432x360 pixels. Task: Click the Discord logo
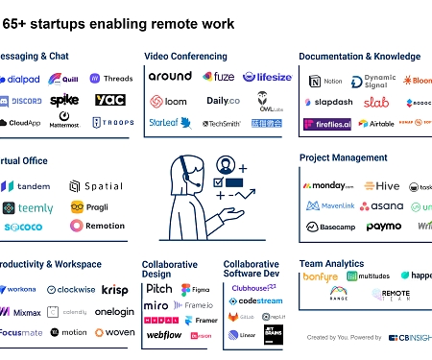pyautogui.click(x=21, y=100)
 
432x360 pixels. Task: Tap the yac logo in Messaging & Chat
pyautogui.click(x=109, y=100)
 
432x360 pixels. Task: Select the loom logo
pyautogui.click(x=169, y=100)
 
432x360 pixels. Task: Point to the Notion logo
pyautogui.click(x=325, y=82)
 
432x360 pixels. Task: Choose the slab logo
pyautogui.click(x=375, y=102)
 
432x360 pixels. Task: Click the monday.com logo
pyautogui.click(x=329, y=186)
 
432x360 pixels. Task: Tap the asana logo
pyautogui.click(x=387, y=206)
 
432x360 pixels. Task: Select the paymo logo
pyautogui.click(x=383, y=228)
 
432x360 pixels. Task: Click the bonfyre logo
pyautogui.click(x=321, y=276)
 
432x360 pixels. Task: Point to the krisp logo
pyautogui.click(x=114, y=289)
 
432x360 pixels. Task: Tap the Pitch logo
pyautogui.click(x=159, y=288)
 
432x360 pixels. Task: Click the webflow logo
pyautogui.click(x=164, y=335)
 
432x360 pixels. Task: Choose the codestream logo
pyautogui.click(x=254, y=300)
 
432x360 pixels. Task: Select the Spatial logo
pyautogui.click(x=97, y=185)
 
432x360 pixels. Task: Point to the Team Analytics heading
pyautogui.click(x=333, y=262)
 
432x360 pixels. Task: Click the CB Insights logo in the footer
pyautogui.click(x=407, y=338)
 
